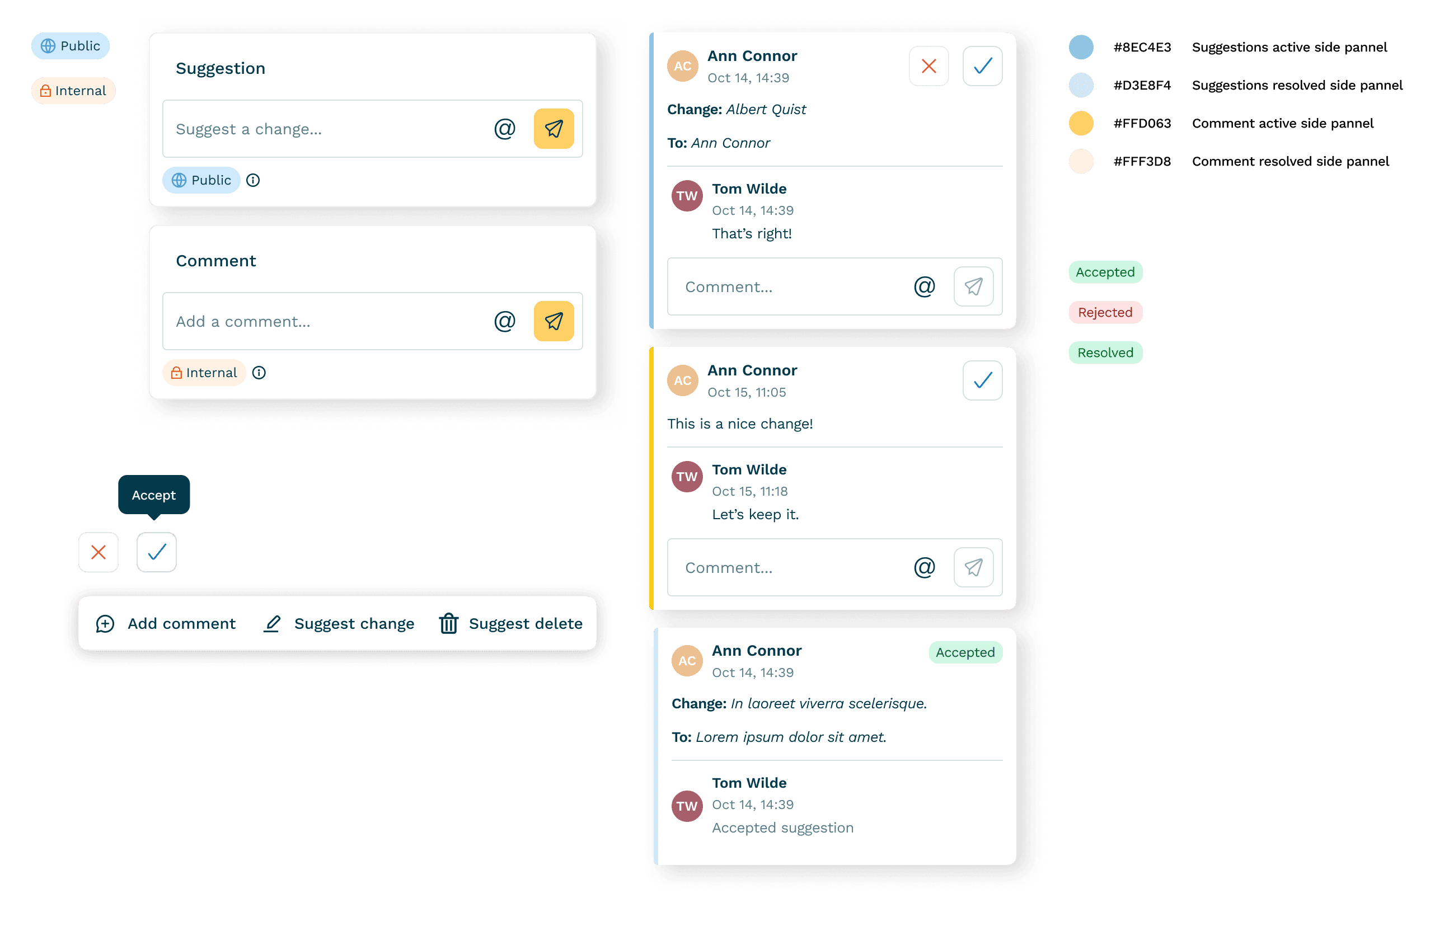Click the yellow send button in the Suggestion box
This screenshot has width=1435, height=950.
tap(554, 129)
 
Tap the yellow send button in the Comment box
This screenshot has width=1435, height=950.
tap(554, 321)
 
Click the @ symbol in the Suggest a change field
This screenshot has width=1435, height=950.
tap(504, 129)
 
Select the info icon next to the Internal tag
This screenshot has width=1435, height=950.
tap(259, 373)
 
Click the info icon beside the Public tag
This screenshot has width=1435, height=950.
tap(253, 180)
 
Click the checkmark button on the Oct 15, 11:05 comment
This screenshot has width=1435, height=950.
tap(982, 380)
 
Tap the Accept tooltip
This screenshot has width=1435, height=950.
tap(154, 495)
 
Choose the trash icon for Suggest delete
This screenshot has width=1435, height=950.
tap(448, 623)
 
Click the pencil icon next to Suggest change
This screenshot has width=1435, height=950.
tap(272, 623)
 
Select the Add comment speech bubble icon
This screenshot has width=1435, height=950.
tap(105, 623)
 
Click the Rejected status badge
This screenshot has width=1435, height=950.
tap(1105, 313)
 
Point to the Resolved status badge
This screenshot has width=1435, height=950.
tap(1105, 352)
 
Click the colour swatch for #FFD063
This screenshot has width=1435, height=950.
tap(1081, 124)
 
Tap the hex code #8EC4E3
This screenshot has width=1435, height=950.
tap(1142, 47)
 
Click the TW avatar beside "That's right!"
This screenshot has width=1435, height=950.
tap(687, 196)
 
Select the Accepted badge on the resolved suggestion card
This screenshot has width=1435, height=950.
tap(965, 652)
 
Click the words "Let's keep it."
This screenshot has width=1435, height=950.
tap(755, 514)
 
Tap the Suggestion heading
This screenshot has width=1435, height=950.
tap(221, 68)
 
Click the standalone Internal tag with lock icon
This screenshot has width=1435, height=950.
tap(73, 91)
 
